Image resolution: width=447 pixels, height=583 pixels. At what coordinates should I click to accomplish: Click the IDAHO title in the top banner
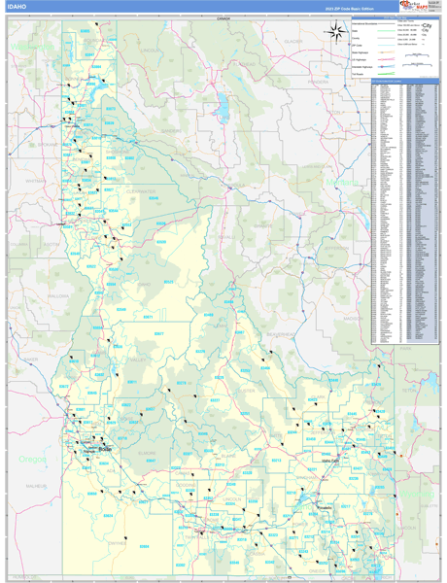[x=17, y=7]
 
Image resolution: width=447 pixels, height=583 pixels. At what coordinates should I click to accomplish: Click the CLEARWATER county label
[x=142, y=191]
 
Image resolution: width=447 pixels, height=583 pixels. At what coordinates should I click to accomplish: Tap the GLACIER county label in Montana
[x=292, y=42]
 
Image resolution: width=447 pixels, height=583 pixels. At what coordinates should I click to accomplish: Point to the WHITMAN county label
[x=34, y=181]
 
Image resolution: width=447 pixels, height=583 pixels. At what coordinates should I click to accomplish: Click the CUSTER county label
[x=248, y=391]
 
